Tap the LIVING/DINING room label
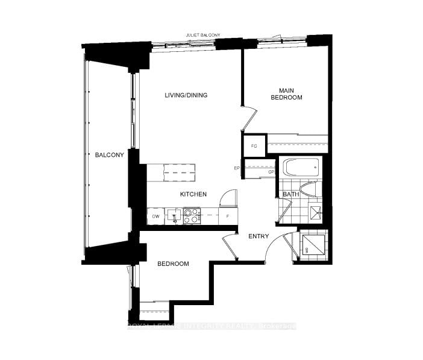click(x=187, y=95)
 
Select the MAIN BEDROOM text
click(x=286, y=93)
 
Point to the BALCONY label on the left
click(x=109, y=155)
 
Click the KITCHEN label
click(x=193, y=194)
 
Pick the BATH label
click(x=291, y=194)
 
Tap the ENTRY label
click(x=258, y=236)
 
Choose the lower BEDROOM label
click(x=173, y=264)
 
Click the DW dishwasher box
click(x=155, y=216)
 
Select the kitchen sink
click(x=174, y=215)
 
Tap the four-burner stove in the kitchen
click(x=192, y=216)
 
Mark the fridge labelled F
click(x=227, y=216)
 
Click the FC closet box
click(x=254, y=146)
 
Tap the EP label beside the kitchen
click(x=237, y=168)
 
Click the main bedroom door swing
click(x=249, y=118)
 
